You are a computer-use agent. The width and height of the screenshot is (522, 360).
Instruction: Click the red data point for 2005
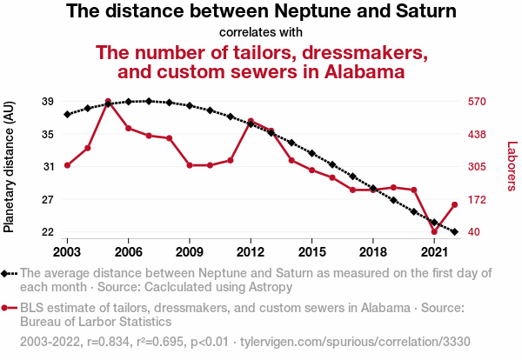pyautogui.click(x=108, y=102)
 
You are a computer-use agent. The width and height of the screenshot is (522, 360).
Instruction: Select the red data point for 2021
pyautogui.click(x=434, y=231)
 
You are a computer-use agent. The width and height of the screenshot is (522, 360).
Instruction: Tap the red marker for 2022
pyautogui.click(x=454, y=204)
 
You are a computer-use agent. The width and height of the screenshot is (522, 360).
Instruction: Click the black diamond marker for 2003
pyautogui.click(x=67, y=114)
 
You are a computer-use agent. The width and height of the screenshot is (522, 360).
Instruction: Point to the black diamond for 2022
pyautogui.click(x=454, y=232)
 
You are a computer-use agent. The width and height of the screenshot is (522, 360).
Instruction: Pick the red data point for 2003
pyautogui.click(x=67, y=164)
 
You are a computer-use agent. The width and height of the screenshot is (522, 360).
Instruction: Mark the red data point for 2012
pyautogui.click(x=251, y=121)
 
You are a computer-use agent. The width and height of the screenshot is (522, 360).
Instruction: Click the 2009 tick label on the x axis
pyautogui.click(x=189, y=251)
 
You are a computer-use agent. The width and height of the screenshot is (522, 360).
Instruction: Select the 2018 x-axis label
pyautogui.click(x=372, y=251)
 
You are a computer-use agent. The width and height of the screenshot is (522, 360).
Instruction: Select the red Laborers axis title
pyautogui.click(x=512, y=167)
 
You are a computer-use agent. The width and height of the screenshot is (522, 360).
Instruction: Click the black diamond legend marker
pyautogui.click(x=7, y=273)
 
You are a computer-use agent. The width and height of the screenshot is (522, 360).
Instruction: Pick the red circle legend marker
pyautogui.click(x=7, y=308)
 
